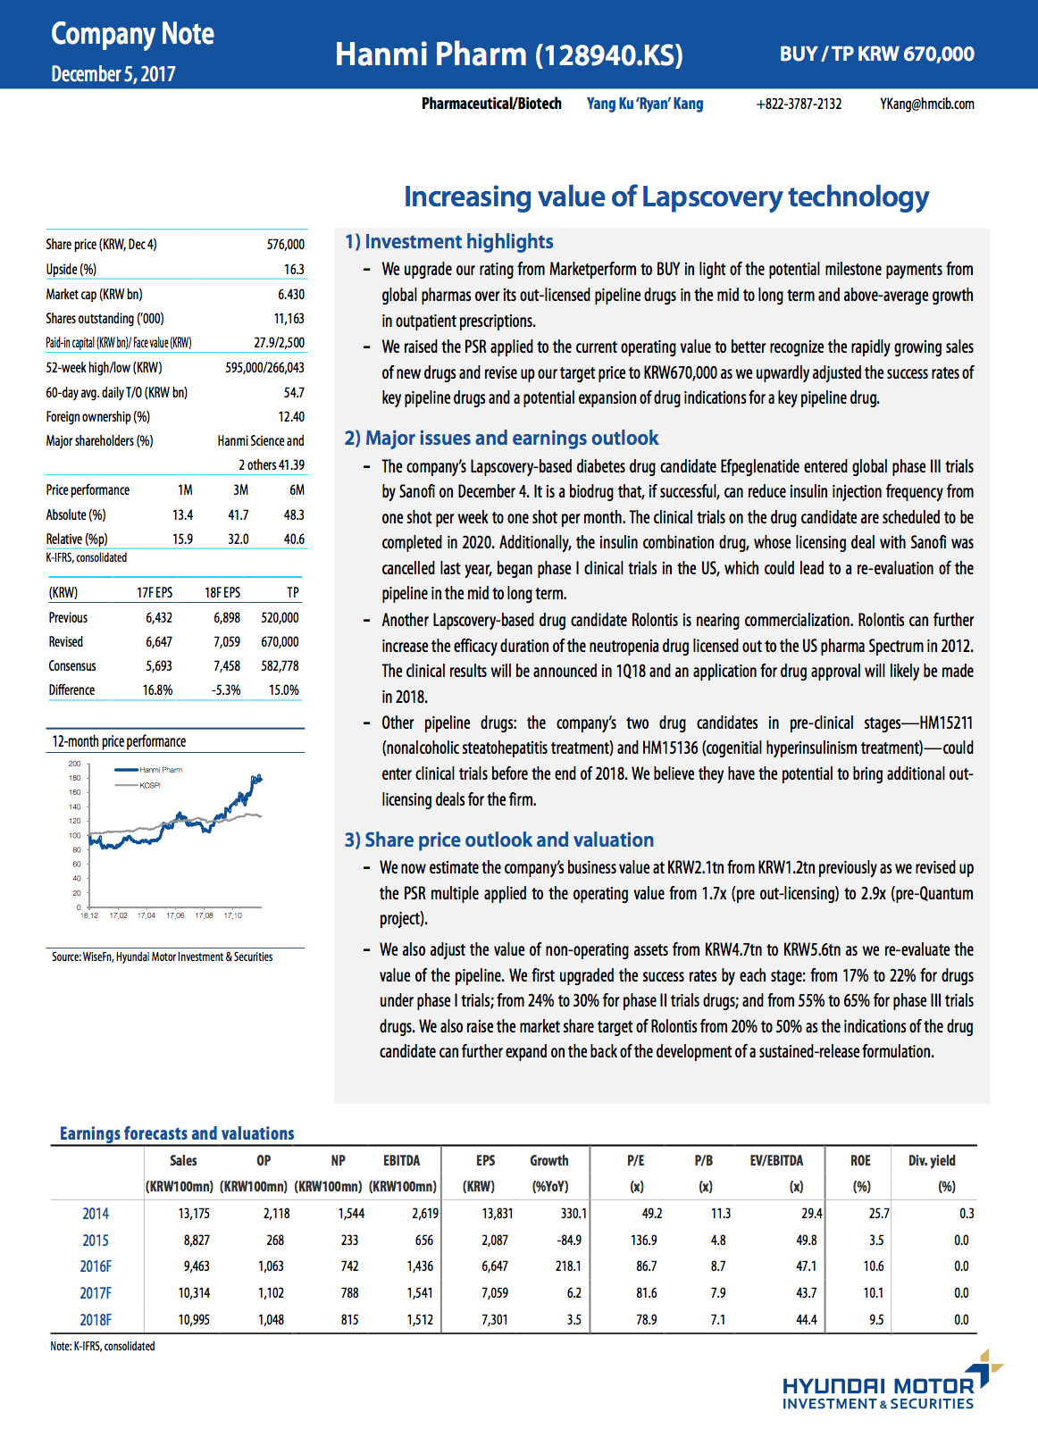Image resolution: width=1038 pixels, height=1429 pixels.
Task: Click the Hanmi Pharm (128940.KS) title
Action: pyautogui.click(x=508, y=54)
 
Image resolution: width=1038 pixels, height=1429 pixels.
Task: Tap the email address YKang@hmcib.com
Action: pyautogui.click(x=926, y=104)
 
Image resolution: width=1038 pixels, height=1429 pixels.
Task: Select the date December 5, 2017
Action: pyautogui.click(x=113, y=74)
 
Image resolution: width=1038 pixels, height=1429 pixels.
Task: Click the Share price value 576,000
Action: pyautogui.click(x=285, y=245)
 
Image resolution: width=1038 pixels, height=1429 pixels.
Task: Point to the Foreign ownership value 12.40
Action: pyautogui.click(x=291, y=417)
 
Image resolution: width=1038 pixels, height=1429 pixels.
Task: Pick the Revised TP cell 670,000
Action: pyautogui.click(x=280, y=642)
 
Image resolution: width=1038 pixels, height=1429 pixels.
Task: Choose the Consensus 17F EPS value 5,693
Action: pyautogui.click(x=159, y=666)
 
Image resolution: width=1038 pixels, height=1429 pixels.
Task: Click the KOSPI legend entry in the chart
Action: pyautogui.click(x=149, y=786)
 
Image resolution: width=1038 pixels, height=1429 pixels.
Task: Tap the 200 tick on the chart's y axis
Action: pyautogui.click(x=74, y=764)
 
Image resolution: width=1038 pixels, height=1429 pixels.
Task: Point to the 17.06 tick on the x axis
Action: pyautogui.click(x=175, y=915)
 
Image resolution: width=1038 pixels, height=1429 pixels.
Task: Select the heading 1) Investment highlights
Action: pyautogui.click(x=448, y=242)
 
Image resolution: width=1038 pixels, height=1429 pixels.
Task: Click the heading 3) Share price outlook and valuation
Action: pyautogui.click(x=499, y=840)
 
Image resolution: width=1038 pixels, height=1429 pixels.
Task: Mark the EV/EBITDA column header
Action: pyautogui.click(x=775, y=1161)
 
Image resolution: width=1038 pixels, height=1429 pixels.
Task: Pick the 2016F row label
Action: pyautogui.click(x=96, y=1266)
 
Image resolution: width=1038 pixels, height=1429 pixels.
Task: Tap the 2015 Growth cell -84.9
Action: pyautogui.click(x=568, y=1241)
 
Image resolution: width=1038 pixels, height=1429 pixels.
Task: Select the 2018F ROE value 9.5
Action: pyautogui.click(x=876, y=1320)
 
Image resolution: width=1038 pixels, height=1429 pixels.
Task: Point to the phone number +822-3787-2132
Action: pyautogui.click(x=799, y=104)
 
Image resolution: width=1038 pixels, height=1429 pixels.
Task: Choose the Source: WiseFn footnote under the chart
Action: pyautogui.click(x=162, y=957)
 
